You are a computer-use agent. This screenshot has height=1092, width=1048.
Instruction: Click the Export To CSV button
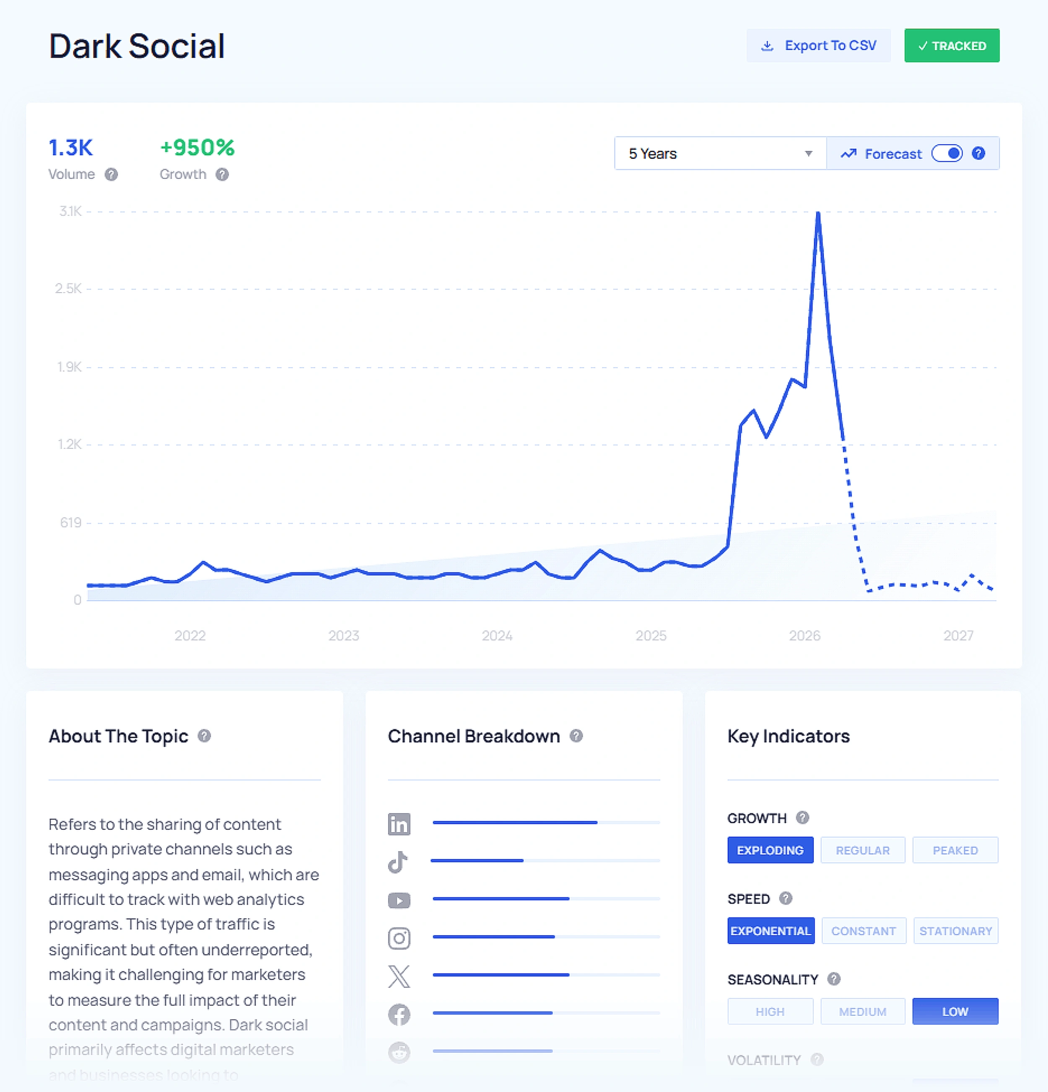point(818,46)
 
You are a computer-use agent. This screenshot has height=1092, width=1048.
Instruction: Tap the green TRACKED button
point(951,46)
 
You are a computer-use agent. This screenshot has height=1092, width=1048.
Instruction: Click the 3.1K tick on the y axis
point(70,211)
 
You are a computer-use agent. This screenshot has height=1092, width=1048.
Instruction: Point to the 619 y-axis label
point(71,523)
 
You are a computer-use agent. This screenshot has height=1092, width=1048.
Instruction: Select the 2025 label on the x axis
point(651,635)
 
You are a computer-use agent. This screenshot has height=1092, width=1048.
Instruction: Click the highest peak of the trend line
point(818,213)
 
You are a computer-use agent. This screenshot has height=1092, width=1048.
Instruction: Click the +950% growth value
point(197,148)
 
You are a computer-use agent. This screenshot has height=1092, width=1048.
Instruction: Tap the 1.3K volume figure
point(71,148)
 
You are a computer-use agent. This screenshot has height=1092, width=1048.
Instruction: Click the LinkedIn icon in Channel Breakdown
point(399,823)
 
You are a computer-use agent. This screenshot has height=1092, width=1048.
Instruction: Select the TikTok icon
point(398,862)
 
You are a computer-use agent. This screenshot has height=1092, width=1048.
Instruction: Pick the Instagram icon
point(399,938)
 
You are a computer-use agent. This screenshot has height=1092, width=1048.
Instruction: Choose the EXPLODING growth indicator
point(770,850)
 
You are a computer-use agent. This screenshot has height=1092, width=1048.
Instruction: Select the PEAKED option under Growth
point(955,850)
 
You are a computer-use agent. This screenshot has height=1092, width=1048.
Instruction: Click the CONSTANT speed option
point(863,931)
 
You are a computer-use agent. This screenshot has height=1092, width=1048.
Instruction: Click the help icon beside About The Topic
point(205,736)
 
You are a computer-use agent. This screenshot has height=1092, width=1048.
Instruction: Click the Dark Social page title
point(137,46)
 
